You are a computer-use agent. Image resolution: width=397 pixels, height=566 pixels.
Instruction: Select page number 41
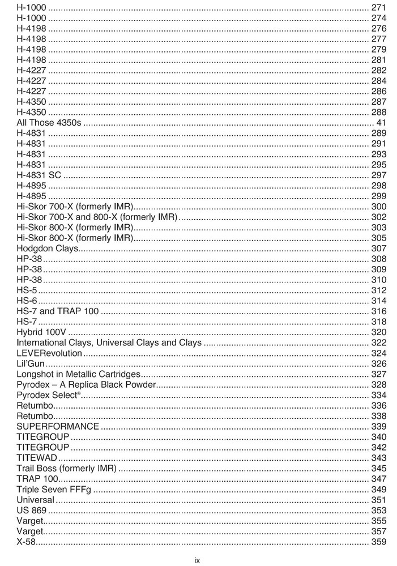click(x=381, y=123)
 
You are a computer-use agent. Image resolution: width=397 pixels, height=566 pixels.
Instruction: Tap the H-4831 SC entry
click(x=39, y=175)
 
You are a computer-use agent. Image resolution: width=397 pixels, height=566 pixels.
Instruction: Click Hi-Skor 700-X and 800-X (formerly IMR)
click(x=97, y=217)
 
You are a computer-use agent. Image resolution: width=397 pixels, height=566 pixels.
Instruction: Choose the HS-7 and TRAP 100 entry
click(x=58, y=311)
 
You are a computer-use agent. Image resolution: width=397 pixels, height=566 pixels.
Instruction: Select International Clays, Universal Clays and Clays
click(x=109, y=342)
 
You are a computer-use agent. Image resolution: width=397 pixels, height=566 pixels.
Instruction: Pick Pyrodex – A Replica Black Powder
click(x=86, y=385)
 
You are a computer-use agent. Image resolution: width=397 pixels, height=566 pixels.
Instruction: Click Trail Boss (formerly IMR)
click(x=66, y=469)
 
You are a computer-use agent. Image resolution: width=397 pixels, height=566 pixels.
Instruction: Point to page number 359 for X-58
click(x=378, y=542)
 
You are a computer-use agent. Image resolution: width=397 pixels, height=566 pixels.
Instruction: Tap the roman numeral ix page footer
click(x=197, y=560)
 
